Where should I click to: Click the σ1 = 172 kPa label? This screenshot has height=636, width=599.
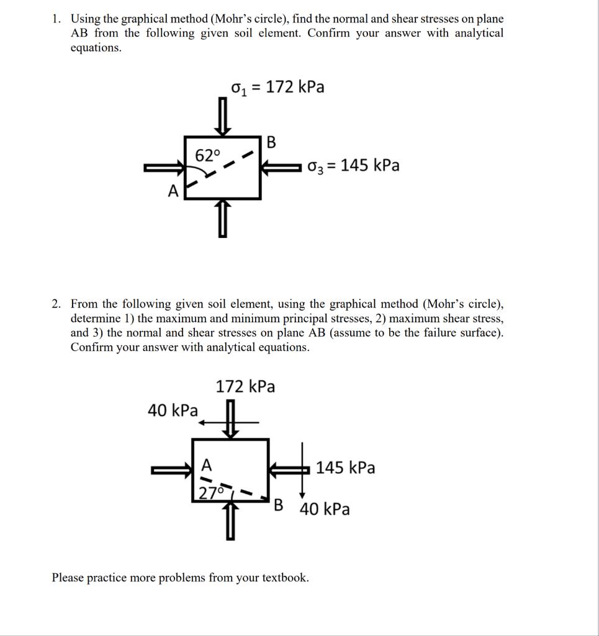[x=277, y=88]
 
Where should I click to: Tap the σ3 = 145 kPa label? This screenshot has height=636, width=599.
[x=353, y=166]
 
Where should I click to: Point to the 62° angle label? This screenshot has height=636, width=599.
[x=207, y=156]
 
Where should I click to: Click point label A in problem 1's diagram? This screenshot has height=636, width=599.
[x=173, y=192]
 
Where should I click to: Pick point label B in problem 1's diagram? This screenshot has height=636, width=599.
[x=271, y=142]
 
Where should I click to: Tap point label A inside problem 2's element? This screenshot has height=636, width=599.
[x=207, y=465]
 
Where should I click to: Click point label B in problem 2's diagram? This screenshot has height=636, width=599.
[x=279, y=504]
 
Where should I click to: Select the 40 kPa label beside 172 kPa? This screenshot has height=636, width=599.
[x=173, y=411]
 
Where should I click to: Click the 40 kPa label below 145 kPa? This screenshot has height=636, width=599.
[x=325, y=510]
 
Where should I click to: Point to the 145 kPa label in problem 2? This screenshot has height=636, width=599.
[x=345, y=468]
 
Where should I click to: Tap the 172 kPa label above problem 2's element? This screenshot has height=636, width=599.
[x=245, y=387]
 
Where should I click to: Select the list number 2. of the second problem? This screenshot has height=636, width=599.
[x=57, y=304]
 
